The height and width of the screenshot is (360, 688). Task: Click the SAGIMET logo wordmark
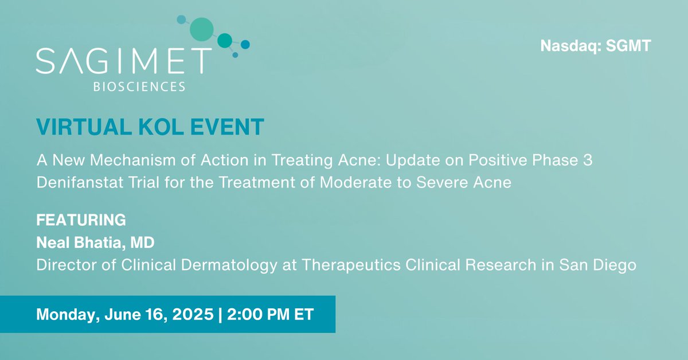[120, 61]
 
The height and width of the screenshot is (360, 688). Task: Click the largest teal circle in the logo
[201, 29]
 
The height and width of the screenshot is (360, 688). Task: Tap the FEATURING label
[81, 220]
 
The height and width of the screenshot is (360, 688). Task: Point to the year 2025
[189, 314]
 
